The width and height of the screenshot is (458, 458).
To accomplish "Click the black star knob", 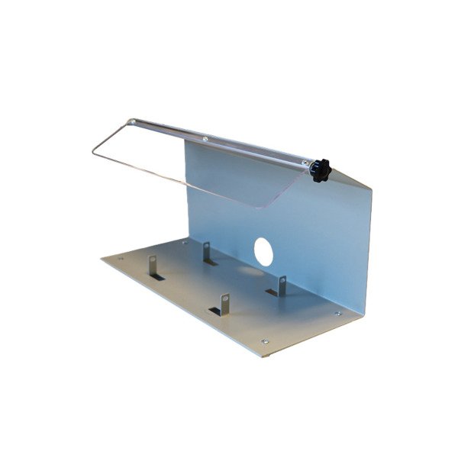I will click(x=320, y=170).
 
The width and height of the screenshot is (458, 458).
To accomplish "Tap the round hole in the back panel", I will click(x=263, y=252).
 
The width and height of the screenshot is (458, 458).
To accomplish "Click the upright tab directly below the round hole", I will click(x=281, y=285).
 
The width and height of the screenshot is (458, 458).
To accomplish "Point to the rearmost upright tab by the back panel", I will click(x=207, y=253).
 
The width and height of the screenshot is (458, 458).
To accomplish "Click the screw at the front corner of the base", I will click(x=265, y=341).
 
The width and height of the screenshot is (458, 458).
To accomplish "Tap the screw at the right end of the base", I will click(x=338, y=313).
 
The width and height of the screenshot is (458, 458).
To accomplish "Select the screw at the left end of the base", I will click(x=121, y=260).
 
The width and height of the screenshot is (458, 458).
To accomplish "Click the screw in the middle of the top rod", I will click(x=205, y=139).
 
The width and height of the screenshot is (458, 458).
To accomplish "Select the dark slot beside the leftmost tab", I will click(x=156, y=277).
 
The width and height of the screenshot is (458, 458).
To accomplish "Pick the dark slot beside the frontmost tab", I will click(x=214, y=311).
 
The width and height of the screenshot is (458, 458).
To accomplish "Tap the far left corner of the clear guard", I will click(x=93, y=154).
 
